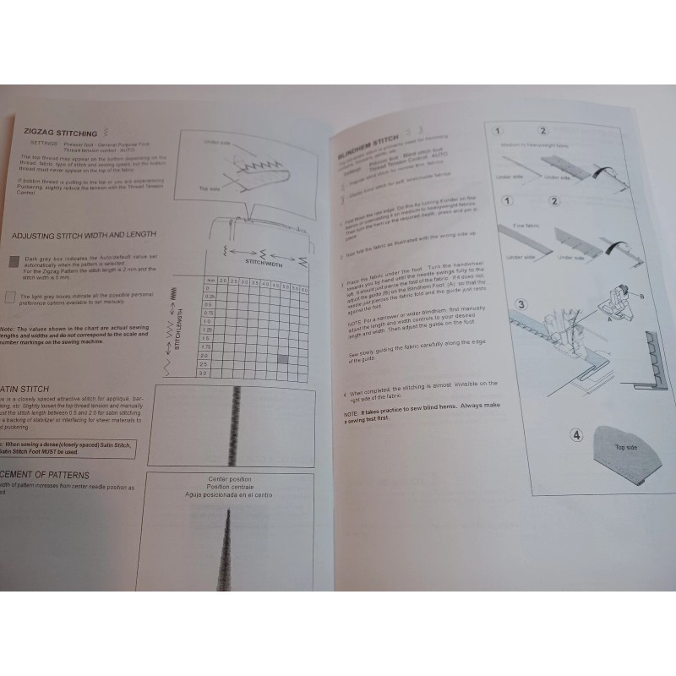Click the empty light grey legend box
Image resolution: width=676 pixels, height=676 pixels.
click(x=9, y=297)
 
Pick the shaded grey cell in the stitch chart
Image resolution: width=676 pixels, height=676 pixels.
click(x=283, y=359)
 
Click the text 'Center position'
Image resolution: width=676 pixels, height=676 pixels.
click(x=230, y=480)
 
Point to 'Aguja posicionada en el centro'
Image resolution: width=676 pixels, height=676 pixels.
click(x=230, y=494)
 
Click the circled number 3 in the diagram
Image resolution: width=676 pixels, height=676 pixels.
click(x=521, y=305)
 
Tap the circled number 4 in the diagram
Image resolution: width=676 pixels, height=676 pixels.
click(x=576, y=436)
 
